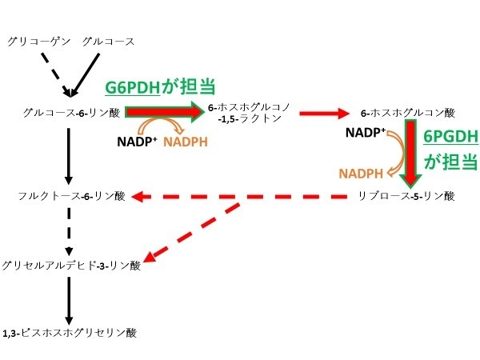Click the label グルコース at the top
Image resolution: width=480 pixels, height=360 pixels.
click(109, 41)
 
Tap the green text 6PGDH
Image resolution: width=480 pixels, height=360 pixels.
click(451, 137)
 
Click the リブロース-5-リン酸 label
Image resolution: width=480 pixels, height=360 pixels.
click(407, 195)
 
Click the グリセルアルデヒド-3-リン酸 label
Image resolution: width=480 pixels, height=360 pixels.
click(72, 266)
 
